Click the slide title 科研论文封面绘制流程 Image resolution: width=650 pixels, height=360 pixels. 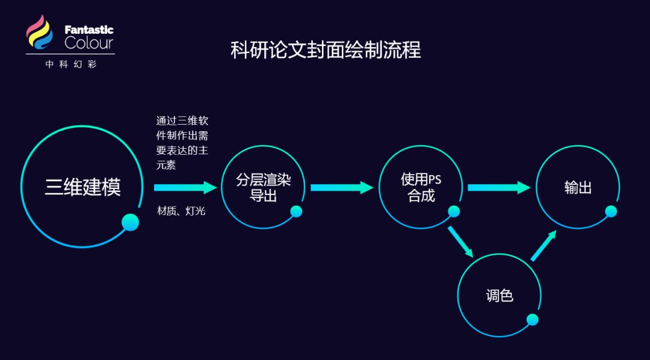(x=325, y=50)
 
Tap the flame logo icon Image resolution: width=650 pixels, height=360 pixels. (x=40, y=34)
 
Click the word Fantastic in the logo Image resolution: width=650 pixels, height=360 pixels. (x=88, y=29)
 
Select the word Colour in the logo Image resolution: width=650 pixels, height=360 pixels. (x=88, y=43)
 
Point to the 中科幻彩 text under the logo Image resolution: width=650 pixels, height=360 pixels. (x=70, y=64)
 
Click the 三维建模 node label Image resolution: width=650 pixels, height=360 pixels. (x=82, y=187)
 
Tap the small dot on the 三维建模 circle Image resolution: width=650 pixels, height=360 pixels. (x=130, y=223)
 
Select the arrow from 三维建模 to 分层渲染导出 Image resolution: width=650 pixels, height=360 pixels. (x=185, y=187)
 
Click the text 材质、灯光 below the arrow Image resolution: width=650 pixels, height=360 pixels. (x=181, y=211)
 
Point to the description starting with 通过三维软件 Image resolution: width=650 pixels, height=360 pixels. (x=182, y=143)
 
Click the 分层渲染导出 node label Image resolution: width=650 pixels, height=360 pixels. (x=263, y=188)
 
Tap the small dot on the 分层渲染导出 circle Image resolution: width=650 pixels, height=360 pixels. (x=296, y=211)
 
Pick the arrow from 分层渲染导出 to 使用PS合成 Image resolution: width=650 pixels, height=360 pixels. (x=342, y=187)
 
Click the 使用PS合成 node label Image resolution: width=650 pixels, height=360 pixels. (x=421, y=188)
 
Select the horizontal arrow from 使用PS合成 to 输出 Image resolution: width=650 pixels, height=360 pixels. (x=498, y=187)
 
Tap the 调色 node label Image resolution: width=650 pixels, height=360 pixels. (x=499, y=296)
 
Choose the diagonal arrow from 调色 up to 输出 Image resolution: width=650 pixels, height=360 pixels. (x=543, y=245)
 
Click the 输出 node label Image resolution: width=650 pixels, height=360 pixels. (x=578, y=188)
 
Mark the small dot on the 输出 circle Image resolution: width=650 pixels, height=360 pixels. (x=611, y=211)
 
